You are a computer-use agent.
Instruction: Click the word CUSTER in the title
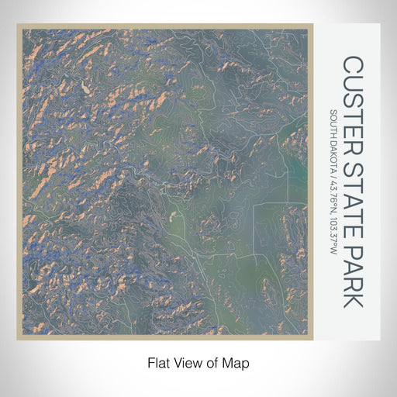pyautogui.click(x=354, y=99)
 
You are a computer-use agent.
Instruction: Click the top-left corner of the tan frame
pyautogui.click(x=18, y=25)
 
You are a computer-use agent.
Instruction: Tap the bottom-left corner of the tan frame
pyautogui.click(x=18, y=340)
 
